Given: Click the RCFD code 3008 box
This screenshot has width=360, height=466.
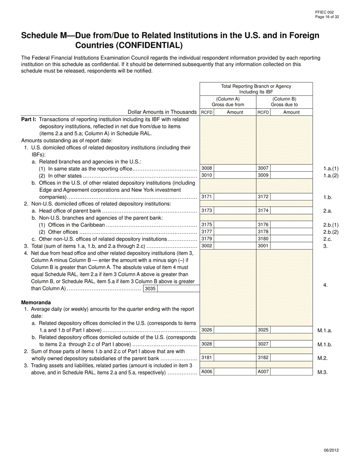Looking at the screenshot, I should point(207,168).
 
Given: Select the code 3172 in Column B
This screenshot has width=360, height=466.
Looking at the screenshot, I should point(263,197).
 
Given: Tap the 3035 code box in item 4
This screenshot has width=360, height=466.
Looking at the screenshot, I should point(150,289).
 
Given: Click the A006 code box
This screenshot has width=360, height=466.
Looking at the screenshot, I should point(207,372).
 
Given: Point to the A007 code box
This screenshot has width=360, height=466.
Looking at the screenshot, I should point(263,372).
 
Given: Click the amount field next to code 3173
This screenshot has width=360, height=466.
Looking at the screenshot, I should point(235,210).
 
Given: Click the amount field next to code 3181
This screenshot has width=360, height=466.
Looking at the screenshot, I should point(235,357).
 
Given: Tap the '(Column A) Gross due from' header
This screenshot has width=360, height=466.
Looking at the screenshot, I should point(228,102).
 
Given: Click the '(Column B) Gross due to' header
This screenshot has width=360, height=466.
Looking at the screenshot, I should point(284,102).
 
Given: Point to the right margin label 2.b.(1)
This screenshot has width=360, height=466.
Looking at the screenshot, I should point(330,225).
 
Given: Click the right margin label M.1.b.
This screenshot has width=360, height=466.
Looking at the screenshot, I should point(325,344).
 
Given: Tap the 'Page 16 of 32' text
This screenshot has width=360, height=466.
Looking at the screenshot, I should point(327,16).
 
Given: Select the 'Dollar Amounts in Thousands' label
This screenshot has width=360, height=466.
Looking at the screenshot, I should point(162,112).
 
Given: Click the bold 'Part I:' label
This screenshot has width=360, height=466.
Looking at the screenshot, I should point(29,119).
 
